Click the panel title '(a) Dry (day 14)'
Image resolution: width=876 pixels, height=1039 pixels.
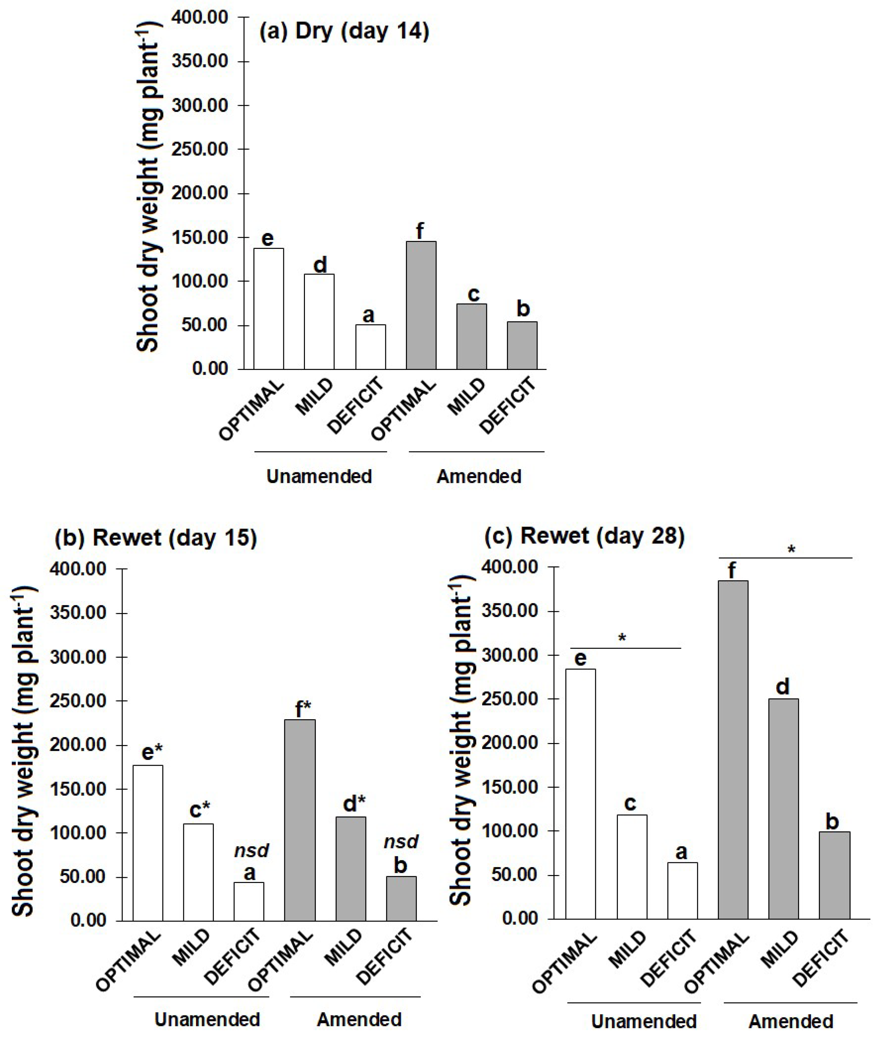point(344,31)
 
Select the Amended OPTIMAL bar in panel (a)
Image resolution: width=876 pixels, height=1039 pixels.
point(421,305)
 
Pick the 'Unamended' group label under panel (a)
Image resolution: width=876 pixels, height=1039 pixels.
point(319,476)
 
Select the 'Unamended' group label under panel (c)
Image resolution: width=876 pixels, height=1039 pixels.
point(644,1021)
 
